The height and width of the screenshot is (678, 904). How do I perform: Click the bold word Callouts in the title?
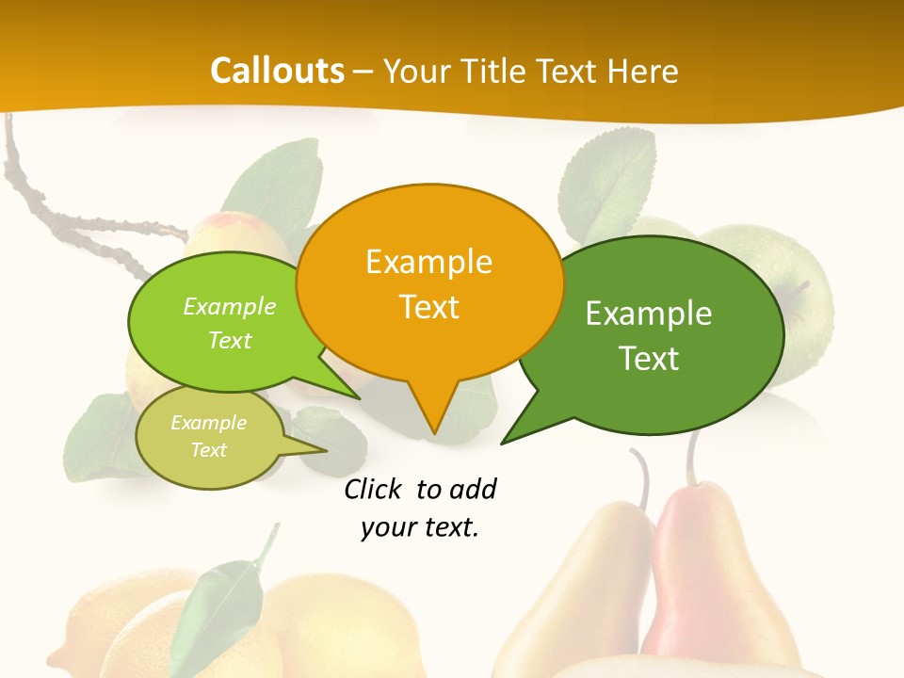tap(277, 71)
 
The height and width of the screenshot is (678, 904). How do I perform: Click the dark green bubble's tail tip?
tap(504, 442)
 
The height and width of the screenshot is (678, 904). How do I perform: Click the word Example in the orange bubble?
tap(428, 261)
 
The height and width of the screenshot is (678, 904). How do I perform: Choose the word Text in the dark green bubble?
tap(649, 358)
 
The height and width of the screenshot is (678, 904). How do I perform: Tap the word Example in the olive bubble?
tap(208, 423)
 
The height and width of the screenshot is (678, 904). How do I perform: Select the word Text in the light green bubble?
tap(230, 340)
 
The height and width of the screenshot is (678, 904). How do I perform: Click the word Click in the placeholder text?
tap(374, 489)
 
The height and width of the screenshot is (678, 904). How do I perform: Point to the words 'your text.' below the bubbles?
tap(420, 527)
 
